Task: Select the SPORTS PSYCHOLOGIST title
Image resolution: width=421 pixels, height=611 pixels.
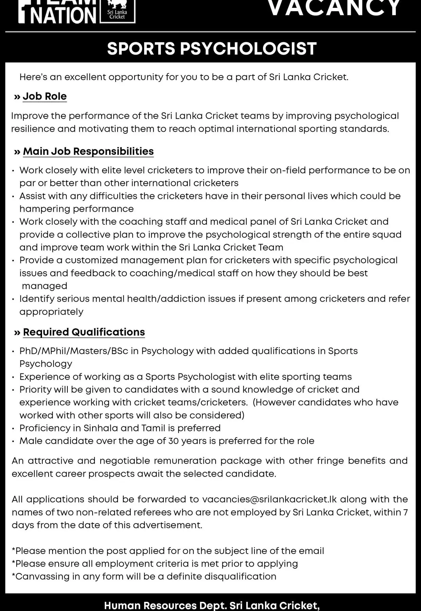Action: click(x=212, y=49)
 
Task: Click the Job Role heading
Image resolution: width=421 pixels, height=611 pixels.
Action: click(x=44, y=96)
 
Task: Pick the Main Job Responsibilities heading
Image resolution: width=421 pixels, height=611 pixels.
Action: click(x=88, y=151)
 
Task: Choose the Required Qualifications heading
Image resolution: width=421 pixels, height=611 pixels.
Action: click(x=84, y=332)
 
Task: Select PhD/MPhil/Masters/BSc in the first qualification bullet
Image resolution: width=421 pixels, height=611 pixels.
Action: click(x=74, y=351)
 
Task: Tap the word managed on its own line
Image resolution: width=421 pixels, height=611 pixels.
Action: click(x=44, y=286)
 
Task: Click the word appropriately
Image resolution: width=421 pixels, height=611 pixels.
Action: click(x=51, y=312)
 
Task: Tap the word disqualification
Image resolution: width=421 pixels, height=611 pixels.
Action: click(x=240, y=576)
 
